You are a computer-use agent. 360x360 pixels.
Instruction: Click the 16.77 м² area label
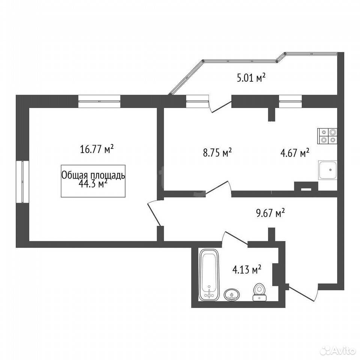click(x=97, y=149)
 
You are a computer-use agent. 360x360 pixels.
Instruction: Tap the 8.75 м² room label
click(x=217, y=153)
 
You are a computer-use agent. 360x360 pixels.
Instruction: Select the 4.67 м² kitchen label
click(x=295, y=153)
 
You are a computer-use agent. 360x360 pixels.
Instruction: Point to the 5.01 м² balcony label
click(x=251, y=78)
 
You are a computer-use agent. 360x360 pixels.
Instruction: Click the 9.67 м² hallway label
click(x=270, y=213)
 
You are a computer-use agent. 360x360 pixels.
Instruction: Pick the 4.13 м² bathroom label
click(x=247, y=270)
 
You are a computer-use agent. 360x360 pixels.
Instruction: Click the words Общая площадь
click(x=93, y=175)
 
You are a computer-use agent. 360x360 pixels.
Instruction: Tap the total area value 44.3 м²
click(x=93, y=184)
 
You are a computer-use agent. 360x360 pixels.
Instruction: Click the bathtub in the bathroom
click(x=209, y=275)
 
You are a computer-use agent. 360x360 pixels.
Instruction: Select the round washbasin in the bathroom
click(x=232, y=295)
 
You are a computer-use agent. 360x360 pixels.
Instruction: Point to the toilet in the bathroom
click(x=259, y=292)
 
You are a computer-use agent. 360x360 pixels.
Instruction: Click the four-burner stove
click(x=327, y=136)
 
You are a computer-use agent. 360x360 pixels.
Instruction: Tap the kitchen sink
click(x=328, y=170)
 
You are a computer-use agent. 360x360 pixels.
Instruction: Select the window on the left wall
click(x=22, y=181)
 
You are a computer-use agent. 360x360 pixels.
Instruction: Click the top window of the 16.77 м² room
click(x=99, y=101)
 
